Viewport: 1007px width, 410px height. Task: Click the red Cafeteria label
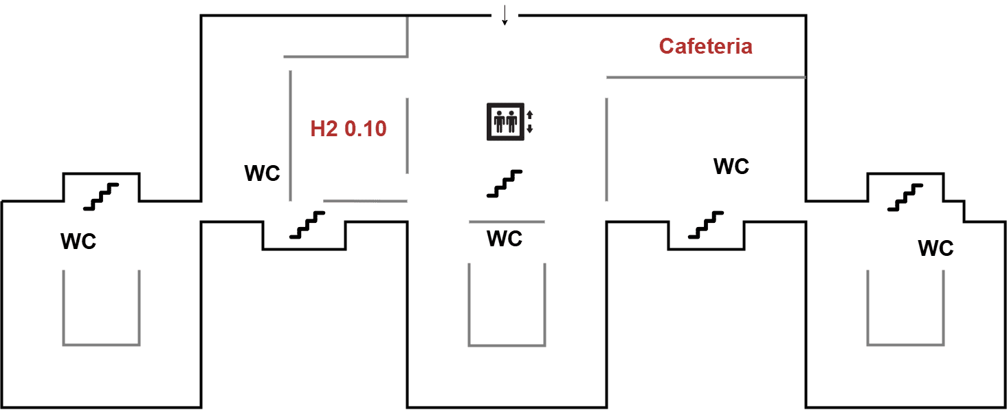(705, 46)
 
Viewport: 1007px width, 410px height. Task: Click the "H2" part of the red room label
(324, 129)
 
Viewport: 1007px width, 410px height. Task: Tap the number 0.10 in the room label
(366, 129)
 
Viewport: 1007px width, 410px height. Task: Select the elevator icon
(505, 122)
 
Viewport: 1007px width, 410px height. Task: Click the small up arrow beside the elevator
(529, 114)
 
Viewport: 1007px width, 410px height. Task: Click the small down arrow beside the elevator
(529, 129)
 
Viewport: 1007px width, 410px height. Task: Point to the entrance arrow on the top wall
(505, 15)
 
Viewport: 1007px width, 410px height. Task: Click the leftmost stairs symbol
(101, 197)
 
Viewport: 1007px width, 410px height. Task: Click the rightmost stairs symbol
(905, 197)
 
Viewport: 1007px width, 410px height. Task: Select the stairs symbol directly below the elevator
(505, 184)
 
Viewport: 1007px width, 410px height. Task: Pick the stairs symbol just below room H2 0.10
(307, 224)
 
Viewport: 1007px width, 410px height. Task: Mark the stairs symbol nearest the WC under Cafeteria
(706, 224)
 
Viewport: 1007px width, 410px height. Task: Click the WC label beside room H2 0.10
(262, 173)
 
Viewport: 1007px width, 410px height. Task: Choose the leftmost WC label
(78, 241)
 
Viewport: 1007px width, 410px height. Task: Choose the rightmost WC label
(936, 248)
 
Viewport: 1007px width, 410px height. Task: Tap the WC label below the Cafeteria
(731, 166)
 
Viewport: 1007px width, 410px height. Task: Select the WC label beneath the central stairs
(505, 239)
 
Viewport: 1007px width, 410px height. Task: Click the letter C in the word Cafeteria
(666, 46)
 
